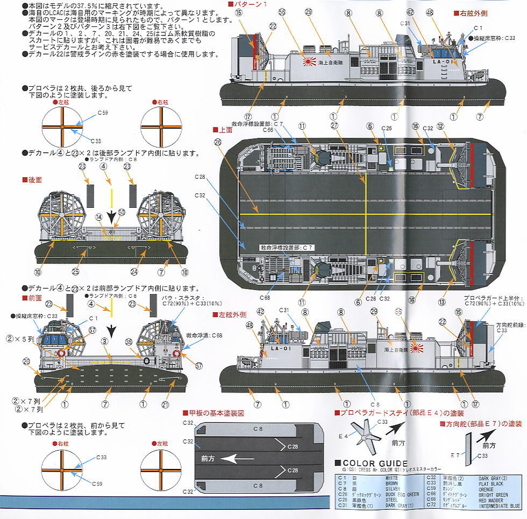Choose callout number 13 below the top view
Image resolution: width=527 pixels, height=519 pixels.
click(x=441, y=302)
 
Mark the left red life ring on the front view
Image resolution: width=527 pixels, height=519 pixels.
click(x=62, y=354)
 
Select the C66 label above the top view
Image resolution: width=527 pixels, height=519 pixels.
click(x=268, y=130)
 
